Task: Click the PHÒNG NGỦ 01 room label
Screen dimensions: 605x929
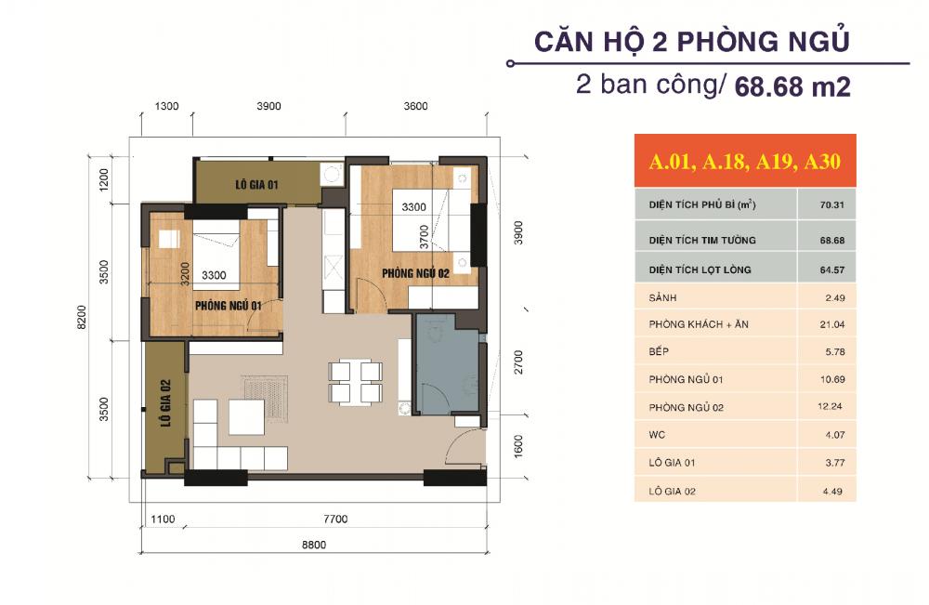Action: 228,304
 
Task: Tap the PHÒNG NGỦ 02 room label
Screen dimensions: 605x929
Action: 415,272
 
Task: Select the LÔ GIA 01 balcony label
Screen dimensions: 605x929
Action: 256,185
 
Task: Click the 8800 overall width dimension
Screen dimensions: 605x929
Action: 314,546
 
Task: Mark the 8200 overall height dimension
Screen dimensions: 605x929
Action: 83,319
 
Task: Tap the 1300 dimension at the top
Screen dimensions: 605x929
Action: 166,107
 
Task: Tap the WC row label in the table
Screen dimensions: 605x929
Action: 657,434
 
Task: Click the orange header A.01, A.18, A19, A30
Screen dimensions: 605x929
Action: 745,162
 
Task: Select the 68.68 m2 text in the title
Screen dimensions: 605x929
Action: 792,87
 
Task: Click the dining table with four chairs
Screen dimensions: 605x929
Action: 354,382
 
